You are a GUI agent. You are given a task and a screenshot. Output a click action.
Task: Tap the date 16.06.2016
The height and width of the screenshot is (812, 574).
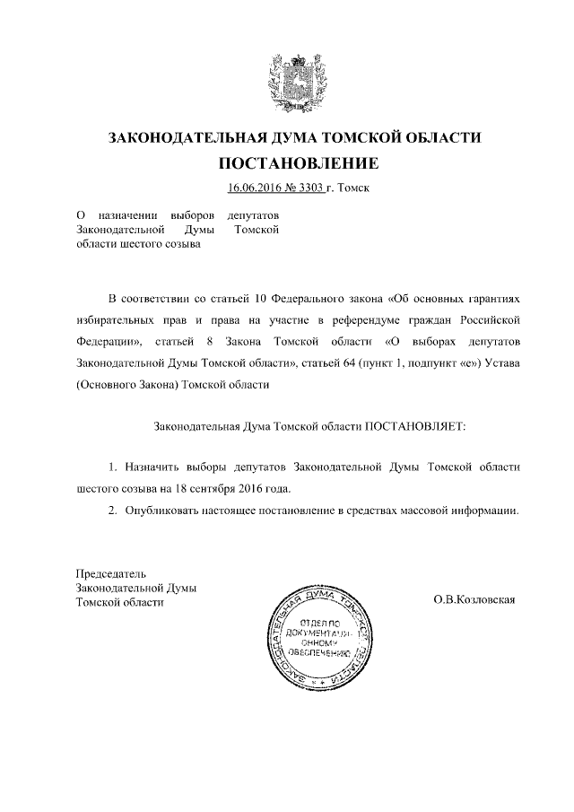coord(256,188)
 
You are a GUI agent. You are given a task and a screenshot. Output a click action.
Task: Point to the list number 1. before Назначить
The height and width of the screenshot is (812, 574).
coord(112,468)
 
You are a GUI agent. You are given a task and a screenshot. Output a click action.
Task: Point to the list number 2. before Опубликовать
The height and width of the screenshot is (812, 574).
coord(112,511)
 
